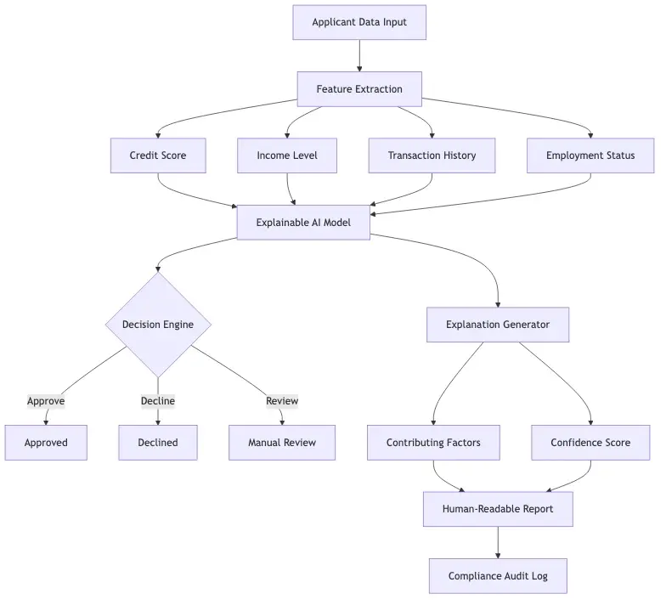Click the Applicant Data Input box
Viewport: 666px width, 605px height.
(x=359, y=22)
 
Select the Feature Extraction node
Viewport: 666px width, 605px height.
(x=359, y=89)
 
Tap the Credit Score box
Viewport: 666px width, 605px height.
(x=158, y=155)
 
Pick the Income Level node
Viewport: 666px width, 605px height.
(x=286, y=155)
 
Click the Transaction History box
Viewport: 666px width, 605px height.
(x=432, y=155)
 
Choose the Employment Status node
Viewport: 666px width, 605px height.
(x=590, y=155)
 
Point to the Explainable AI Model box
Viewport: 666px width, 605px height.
(x=303, y=223)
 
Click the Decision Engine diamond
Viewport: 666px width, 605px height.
(x=158, y=324)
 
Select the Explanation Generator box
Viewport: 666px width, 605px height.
(x=498, y=324)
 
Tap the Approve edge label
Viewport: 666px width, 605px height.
(x=46, y=401)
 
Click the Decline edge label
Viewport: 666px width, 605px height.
(x=158, y=401)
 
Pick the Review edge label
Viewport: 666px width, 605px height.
(x=282, y=401)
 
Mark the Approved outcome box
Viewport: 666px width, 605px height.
(x=46, y=443)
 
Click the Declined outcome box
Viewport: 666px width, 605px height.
(x=158, y=443)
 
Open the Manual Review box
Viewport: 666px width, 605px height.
(x=282, y=443)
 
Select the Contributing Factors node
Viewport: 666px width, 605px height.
(x=433, y=443)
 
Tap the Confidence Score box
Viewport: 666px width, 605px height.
(x=590, y=443)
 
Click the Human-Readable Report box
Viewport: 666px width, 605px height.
(x=498, y=509)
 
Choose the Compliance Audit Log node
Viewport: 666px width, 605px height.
(x=498, y=576)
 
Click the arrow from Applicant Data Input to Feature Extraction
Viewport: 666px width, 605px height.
(x=359, y=55)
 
